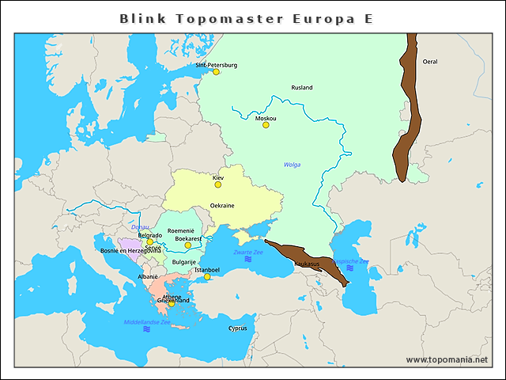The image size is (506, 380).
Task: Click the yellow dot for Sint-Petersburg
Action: [x=216, y=72]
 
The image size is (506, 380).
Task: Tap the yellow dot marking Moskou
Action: [x=266, y=125]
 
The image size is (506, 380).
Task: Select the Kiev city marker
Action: [x=218, y=184]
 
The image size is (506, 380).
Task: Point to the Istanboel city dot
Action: [x=207, y=277]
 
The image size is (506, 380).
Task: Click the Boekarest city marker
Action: [x=188, y=245]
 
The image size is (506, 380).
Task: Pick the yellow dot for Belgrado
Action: [x=149, y=242]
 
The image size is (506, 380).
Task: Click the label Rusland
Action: [x=301, y=88]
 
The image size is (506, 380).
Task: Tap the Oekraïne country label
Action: [x=222, y=205]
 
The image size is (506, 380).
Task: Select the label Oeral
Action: [x=430, y=61]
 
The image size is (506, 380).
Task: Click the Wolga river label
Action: [x=292, y=165]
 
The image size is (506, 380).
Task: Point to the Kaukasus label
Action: [x=307, y=263]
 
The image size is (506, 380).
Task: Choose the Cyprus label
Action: [x=237, y=328]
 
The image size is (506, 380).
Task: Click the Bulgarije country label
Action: [x=183, y=261]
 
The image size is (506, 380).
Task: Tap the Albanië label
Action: [x=148, y=277]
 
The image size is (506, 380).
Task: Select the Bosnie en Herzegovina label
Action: [x=130, y=251]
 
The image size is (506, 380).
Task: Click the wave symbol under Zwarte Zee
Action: [x=247, y=260]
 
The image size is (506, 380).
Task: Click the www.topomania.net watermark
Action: [x=447, y=359]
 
